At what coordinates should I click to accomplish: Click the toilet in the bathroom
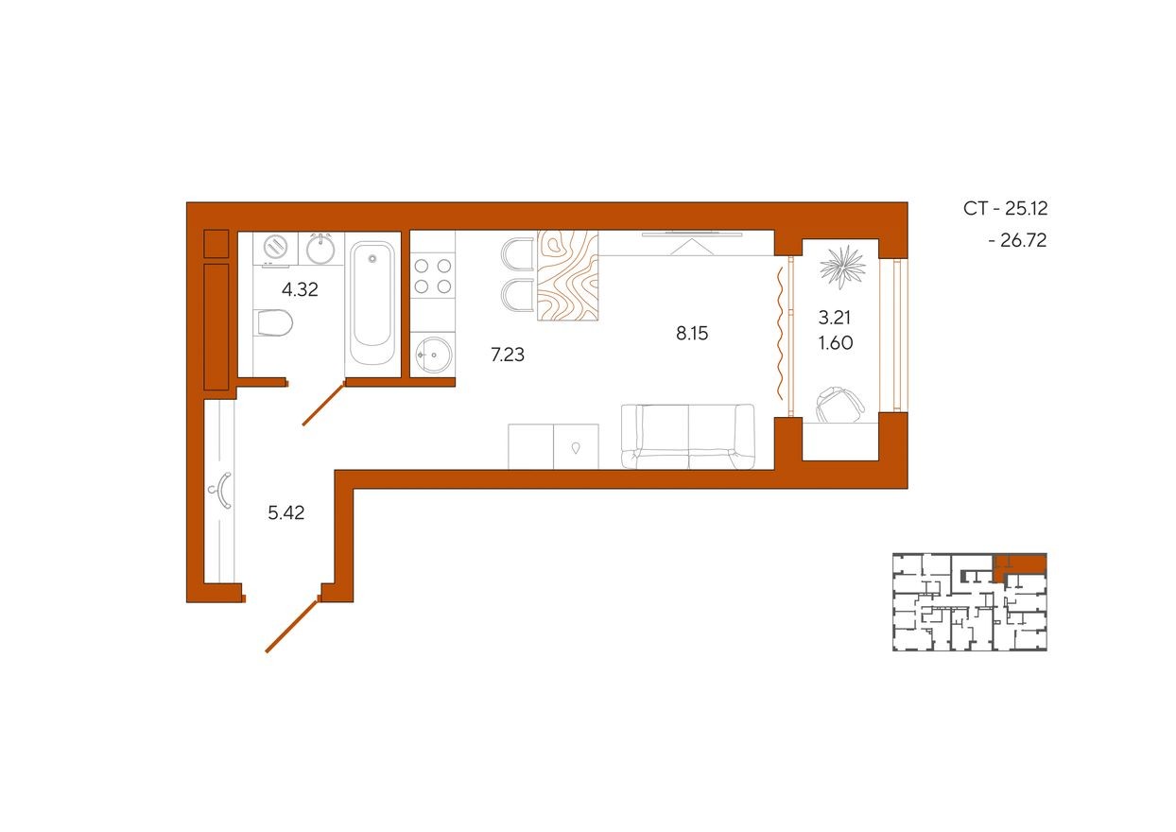274,324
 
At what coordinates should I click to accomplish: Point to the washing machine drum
275,247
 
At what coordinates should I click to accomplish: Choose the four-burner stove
432,275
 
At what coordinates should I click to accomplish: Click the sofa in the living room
688,436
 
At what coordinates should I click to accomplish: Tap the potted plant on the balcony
842,265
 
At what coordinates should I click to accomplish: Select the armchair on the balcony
839,404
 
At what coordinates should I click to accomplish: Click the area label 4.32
300,290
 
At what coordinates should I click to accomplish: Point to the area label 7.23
508,355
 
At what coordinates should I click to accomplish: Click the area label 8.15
692,333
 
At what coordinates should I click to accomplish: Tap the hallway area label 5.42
286,513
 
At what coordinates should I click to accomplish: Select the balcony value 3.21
835,319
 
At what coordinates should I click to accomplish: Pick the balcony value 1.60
835,343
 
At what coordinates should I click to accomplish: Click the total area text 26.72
1017,241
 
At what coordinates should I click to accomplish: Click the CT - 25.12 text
1006,209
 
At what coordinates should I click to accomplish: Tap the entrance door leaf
291,625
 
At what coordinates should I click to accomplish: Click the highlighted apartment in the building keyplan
1021,564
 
